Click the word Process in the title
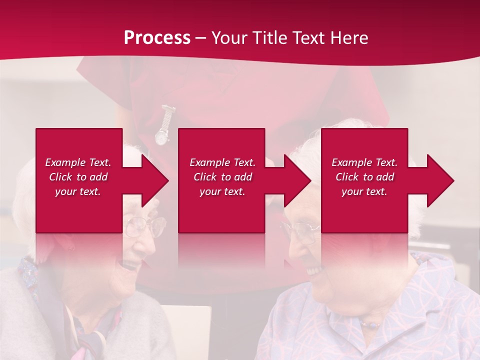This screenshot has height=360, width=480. (157, 38)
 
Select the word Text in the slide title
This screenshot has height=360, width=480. (308, 38)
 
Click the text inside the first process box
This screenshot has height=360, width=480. (78, 177)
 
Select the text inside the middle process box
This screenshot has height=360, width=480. (222, 177)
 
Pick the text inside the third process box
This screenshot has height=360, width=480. (364, 177)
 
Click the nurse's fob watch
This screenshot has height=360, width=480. (162, 134)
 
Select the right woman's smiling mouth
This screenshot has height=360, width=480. (314, 270)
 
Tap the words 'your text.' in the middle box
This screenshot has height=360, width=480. (222, 191)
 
